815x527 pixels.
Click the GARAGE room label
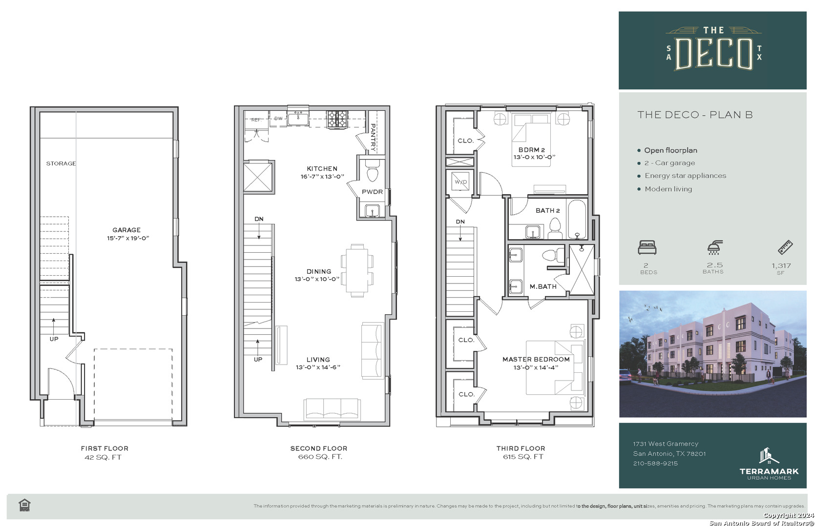coord(126,230)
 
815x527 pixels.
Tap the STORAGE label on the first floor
coord(61,163)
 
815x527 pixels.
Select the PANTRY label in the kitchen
coord(373,138)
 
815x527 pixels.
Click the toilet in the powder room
coord(372,172)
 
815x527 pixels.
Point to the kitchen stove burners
coord(337,119)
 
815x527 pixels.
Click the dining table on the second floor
coord(357,270)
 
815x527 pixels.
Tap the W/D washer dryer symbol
coord(460,182)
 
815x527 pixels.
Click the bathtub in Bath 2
coord(577,219)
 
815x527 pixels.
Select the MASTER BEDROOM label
coord(536,359)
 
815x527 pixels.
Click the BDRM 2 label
coord(532,150)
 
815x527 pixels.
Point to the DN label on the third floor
coord(460,222)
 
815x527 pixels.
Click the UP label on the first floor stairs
coord(54,339)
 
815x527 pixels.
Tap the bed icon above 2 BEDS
coord(647,247)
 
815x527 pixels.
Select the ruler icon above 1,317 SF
coord(785,247)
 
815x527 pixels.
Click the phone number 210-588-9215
coord(655,464)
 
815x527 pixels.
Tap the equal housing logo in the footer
coord(24,505)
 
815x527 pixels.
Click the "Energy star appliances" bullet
coord(685,176)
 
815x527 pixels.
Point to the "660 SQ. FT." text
coord(320,457)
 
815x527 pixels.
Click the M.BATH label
coord(543,286)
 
